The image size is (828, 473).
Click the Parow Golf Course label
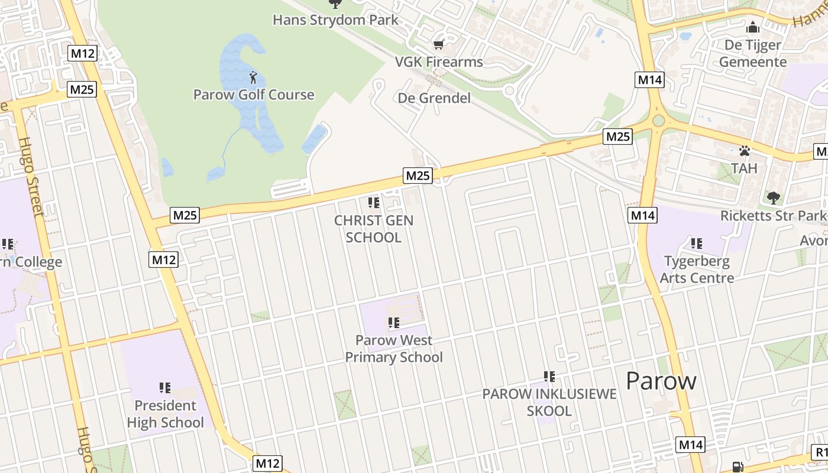254,95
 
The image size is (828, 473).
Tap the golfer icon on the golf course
253,77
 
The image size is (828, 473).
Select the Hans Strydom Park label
335,20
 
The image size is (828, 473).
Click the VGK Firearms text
439,61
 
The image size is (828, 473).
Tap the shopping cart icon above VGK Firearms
438,44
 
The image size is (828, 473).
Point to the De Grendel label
435,98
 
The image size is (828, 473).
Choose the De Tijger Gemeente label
753,53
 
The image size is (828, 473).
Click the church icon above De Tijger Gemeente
752,27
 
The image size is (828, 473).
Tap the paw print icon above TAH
744,151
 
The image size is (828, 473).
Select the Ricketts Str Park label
772,216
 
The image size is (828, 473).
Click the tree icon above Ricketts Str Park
773,197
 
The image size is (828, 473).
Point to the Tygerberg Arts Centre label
697,270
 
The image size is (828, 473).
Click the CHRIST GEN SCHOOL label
374,229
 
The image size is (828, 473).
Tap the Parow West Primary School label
394,349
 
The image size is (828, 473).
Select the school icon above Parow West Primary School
394,323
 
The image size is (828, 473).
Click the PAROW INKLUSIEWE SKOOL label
549,402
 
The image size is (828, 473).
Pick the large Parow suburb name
661,381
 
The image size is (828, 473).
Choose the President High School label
165,414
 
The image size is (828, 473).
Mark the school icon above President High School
165,388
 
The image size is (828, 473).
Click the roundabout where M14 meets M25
658,121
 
